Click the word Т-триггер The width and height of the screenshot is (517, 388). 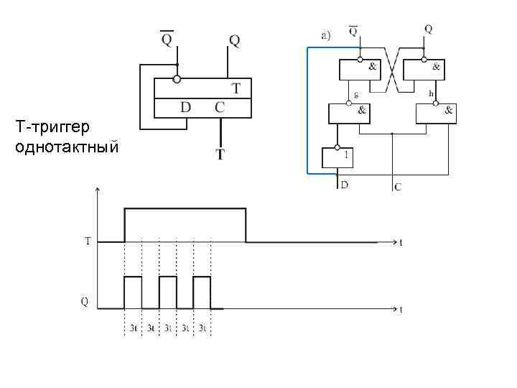pyautogui.click(x=52, y=128)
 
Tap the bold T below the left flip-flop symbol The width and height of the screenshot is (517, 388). pyautogui.click(x=220, y=153)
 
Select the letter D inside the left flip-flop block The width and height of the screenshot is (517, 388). pyautogui.click(x=185, y=108)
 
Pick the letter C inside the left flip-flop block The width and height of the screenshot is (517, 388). pyautogui.click(x=220, y=108)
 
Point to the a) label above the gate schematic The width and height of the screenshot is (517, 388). pyautogui.click(x=325, y=34)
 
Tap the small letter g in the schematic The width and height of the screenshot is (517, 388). pyautogui.click(x=357, y=94)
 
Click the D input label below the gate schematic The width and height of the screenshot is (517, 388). pyautogui.click(x=345, y=185)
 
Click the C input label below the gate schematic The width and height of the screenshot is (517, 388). pyautogui.click(x=398, y=188)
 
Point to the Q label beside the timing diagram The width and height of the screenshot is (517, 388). pyautogui.click(x=85, y=302)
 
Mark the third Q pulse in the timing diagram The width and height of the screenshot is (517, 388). pyautogui.click(x=202, y=292)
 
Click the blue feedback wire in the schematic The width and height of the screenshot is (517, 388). pyautogui.click(x=307, y=108)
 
